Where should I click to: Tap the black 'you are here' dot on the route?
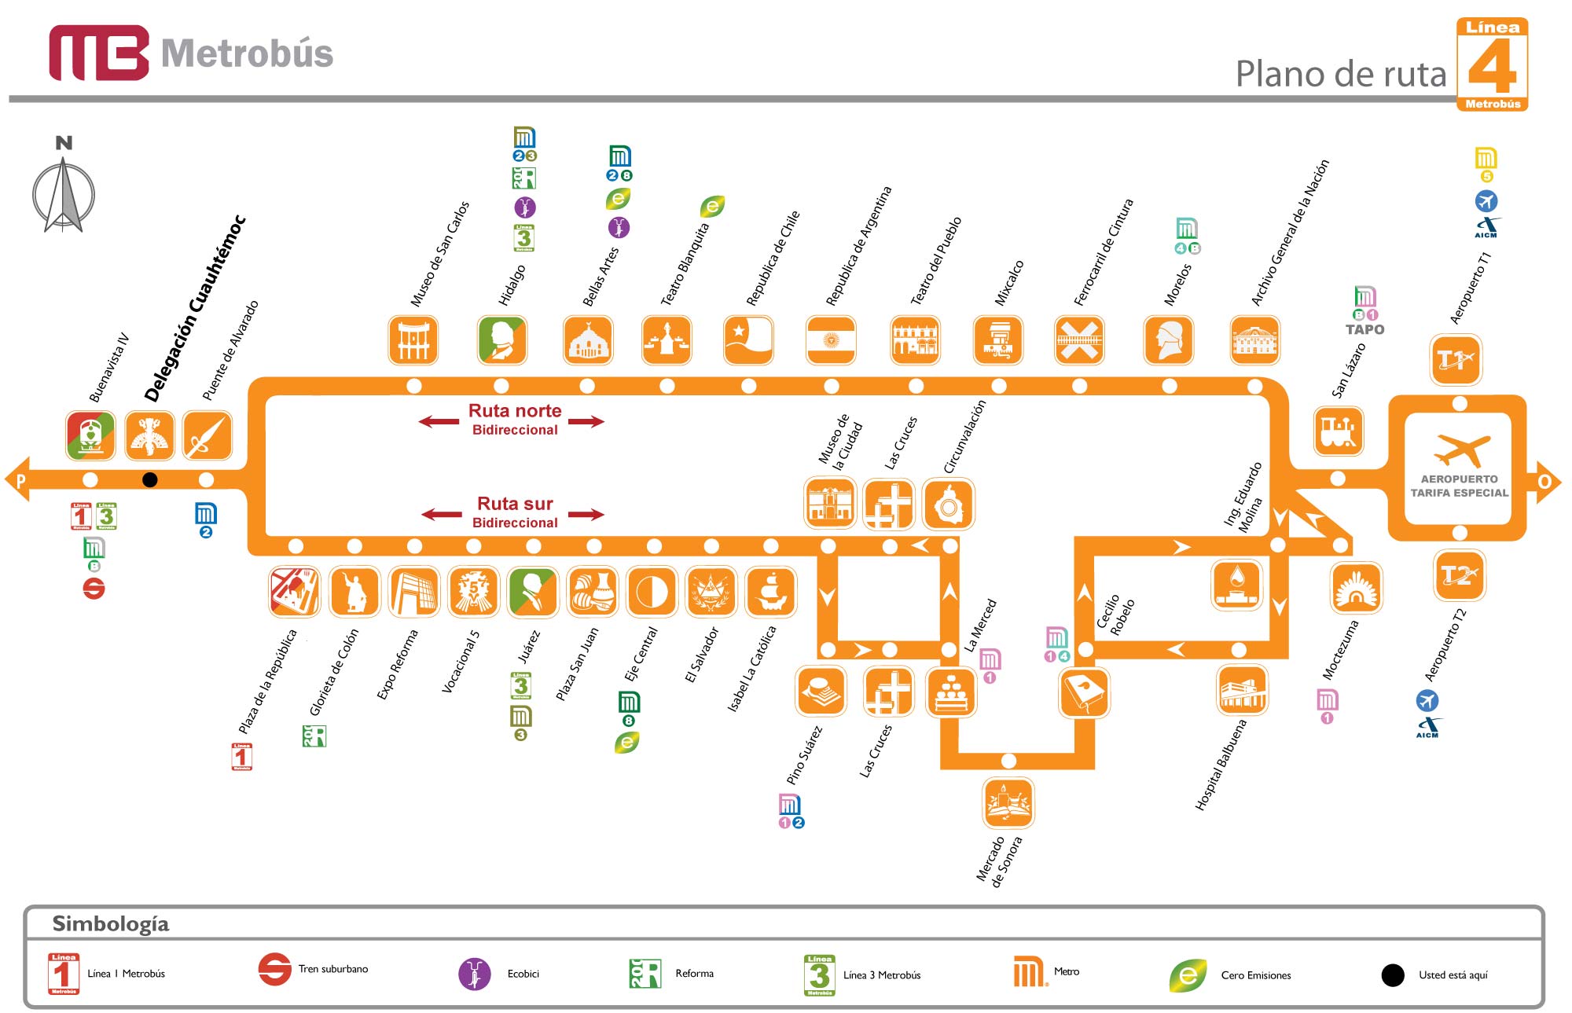click(x=149, y=479)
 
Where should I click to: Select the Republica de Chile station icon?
click(x=748, y=340)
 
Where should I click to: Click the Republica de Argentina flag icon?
click(x=831, y=340)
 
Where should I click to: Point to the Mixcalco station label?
click(x=1009, y=283)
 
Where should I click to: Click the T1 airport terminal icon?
click(x=1456, y=360)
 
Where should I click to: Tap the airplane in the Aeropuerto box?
click(x=1461, y=450)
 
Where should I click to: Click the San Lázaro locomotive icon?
click(x=1339, y=431)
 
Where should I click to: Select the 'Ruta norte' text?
click(x=515, y=410)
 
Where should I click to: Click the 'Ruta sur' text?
click(x=515, y=504)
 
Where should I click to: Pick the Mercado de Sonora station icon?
click(x=1008, y=802)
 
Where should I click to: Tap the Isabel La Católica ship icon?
click(x=770, y=591)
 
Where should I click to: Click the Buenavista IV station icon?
click(x=90, y=435)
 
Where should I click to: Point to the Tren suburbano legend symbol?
click(x=275, y=969)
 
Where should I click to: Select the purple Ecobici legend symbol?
click(x=474, y=974)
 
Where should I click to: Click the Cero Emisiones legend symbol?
click(x=1188, y=975)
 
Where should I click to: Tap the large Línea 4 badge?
click(x=1492, y=64)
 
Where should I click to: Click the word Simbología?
click(x=111, y=923)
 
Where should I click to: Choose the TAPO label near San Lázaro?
click(x=1364, y=330)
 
